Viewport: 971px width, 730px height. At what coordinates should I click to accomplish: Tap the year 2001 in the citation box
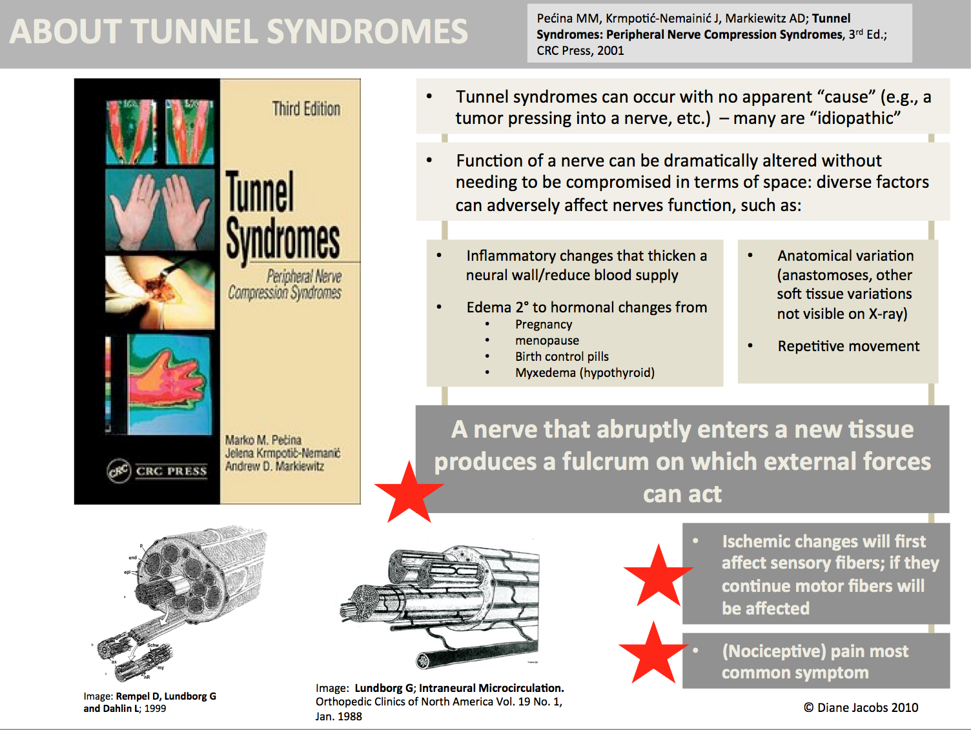coord(610,50)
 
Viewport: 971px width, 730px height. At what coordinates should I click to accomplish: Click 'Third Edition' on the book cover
coord(306,108)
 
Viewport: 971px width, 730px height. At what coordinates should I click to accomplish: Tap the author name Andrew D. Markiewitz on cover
coord(274,466)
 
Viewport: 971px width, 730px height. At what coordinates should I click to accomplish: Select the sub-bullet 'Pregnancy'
coord(544,324)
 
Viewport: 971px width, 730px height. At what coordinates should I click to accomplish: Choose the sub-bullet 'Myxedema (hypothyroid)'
coord(584,372)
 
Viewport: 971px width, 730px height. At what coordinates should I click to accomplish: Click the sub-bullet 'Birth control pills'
coord(562,356)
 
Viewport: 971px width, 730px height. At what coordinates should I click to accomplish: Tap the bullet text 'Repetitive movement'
coord(848,346)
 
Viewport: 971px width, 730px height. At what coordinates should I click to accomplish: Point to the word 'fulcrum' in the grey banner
coord(605,461)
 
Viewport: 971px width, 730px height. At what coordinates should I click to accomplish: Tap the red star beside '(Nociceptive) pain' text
coord(653,653)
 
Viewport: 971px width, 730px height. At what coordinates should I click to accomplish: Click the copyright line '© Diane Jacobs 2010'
coord(861,707)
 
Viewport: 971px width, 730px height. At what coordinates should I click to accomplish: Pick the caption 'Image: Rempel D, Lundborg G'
coord(150,696)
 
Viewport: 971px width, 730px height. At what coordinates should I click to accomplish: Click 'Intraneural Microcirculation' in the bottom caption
coord(491,688)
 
